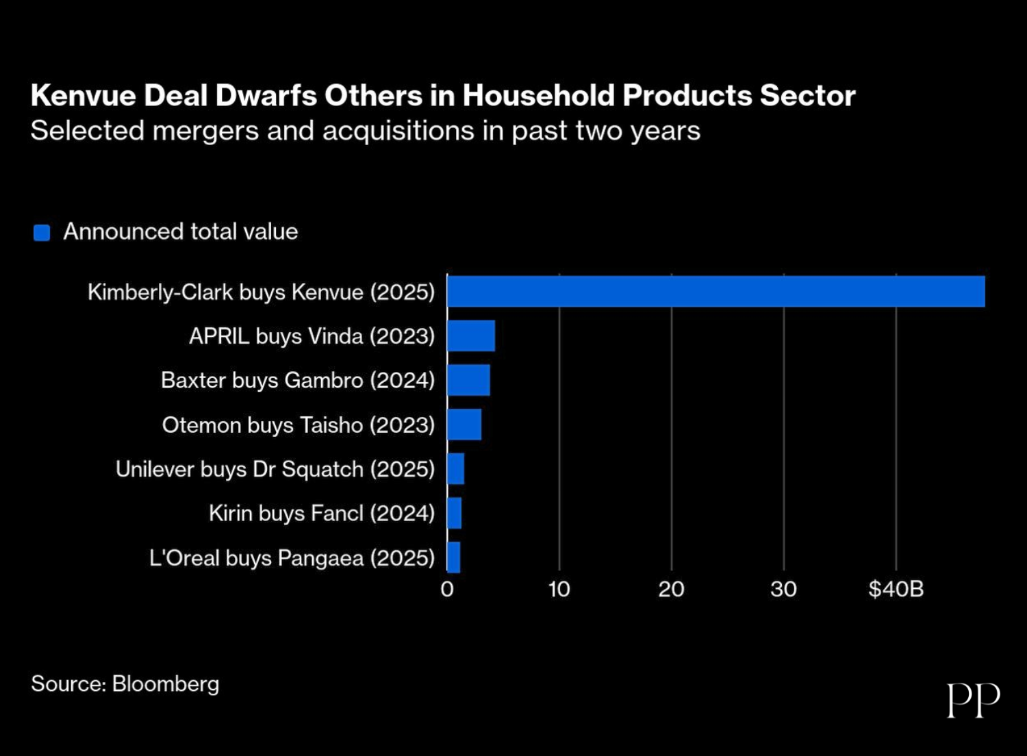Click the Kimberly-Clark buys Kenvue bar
click(715, 292)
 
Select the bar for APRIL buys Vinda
click(471, 336)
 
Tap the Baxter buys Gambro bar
click(468, 380)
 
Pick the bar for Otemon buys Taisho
click(464, 425)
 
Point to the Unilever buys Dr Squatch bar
click(456, 469)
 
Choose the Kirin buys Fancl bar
click(455, 513)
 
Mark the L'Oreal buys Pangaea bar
click(454, 557)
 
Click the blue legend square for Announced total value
click(42, 233)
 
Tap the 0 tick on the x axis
click(447, 589)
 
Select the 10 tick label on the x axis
click(559, 589)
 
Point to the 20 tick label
click(671, 589)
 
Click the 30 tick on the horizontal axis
click(783, 589)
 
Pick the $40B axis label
click(896, 589)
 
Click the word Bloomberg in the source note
click(166, 684)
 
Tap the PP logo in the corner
click(973, 700)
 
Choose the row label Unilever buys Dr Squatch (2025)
click(275, 470)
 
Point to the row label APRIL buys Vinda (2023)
click(312, 336)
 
